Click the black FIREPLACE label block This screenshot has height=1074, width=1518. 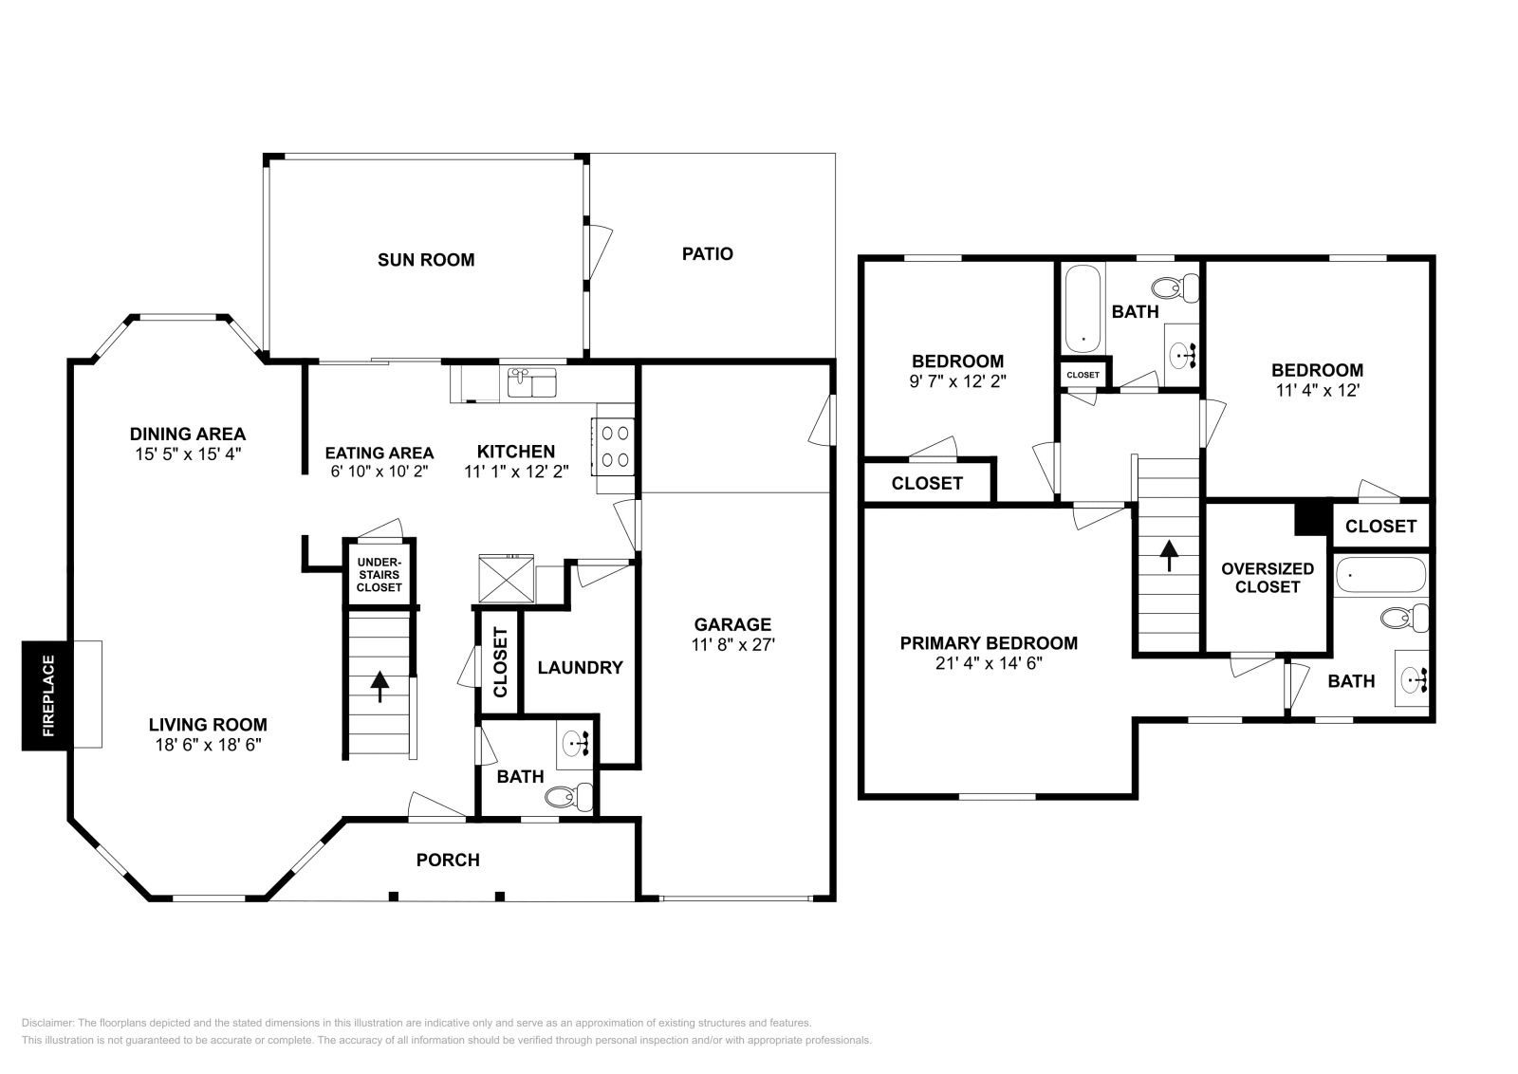pyautogui.click(x=46, y=696)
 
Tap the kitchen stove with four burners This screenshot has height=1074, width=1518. pyautogui.click(x=614, y=447)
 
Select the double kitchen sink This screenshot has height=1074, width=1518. pyautogui.click(x=532, y=383)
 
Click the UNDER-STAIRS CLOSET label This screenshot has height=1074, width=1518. pyautogui.click(x=379, y=575)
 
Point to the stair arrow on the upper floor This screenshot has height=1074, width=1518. pyautogui.click(x=1168, y=555)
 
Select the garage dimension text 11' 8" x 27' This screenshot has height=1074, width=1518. pyautogui.click(x=732, y=645)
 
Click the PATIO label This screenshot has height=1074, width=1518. pyautogui.click(x=707, y=254)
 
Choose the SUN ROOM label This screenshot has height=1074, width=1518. pyautogui.click(x=426, y=260)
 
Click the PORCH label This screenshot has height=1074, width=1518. pyautogui.click(x=448, y=861)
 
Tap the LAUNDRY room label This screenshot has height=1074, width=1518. pyautogui.click(x=580, y=668)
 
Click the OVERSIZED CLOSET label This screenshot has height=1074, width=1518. pyautogui.click(x=1267, y=578)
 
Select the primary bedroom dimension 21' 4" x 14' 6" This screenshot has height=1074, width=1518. pyautogui.click(x=988, y=663)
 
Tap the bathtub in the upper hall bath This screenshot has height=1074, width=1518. pyautogui.click(x=1082, y=308)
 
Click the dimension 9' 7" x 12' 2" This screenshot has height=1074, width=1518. pyautogui.click(x=957, y=380)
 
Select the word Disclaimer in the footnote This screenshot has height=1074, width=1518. pyautogui.click(x=46, y=1023)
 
